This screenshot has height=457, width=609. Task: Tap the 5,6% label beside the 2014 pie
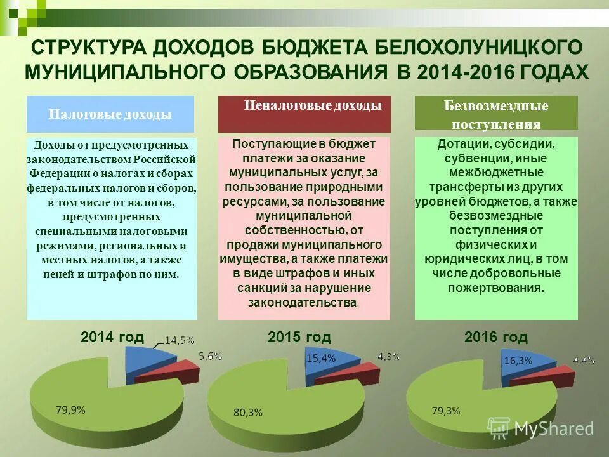(x=210, y=357)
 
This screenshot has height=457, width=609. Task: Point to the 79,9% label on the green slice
(x=70, y=409)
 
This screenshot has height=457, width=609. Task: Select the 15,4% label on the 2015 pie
(x=321, y=358)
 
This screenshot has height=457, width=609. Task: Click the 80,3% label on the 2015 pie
(x=247, y=412)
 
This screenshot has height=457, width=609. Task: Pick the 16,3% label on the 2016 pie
(x=518, y=360)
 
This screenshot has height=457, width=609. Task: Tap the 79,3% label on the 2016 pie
(x=445, y=410)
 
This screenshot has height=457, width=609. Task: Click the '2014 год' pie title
(x=112, y=336)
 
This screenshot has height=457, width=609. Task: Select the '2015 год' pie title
(x=299, y=337)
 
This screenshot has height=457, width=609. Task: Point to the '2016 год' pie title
(x=495, y=337)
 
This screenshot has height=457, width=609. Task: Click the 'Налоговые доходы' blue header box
(x=110, y=114)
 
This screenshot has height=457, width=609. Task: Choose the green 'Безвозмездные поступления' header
(x=496, y=114)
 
